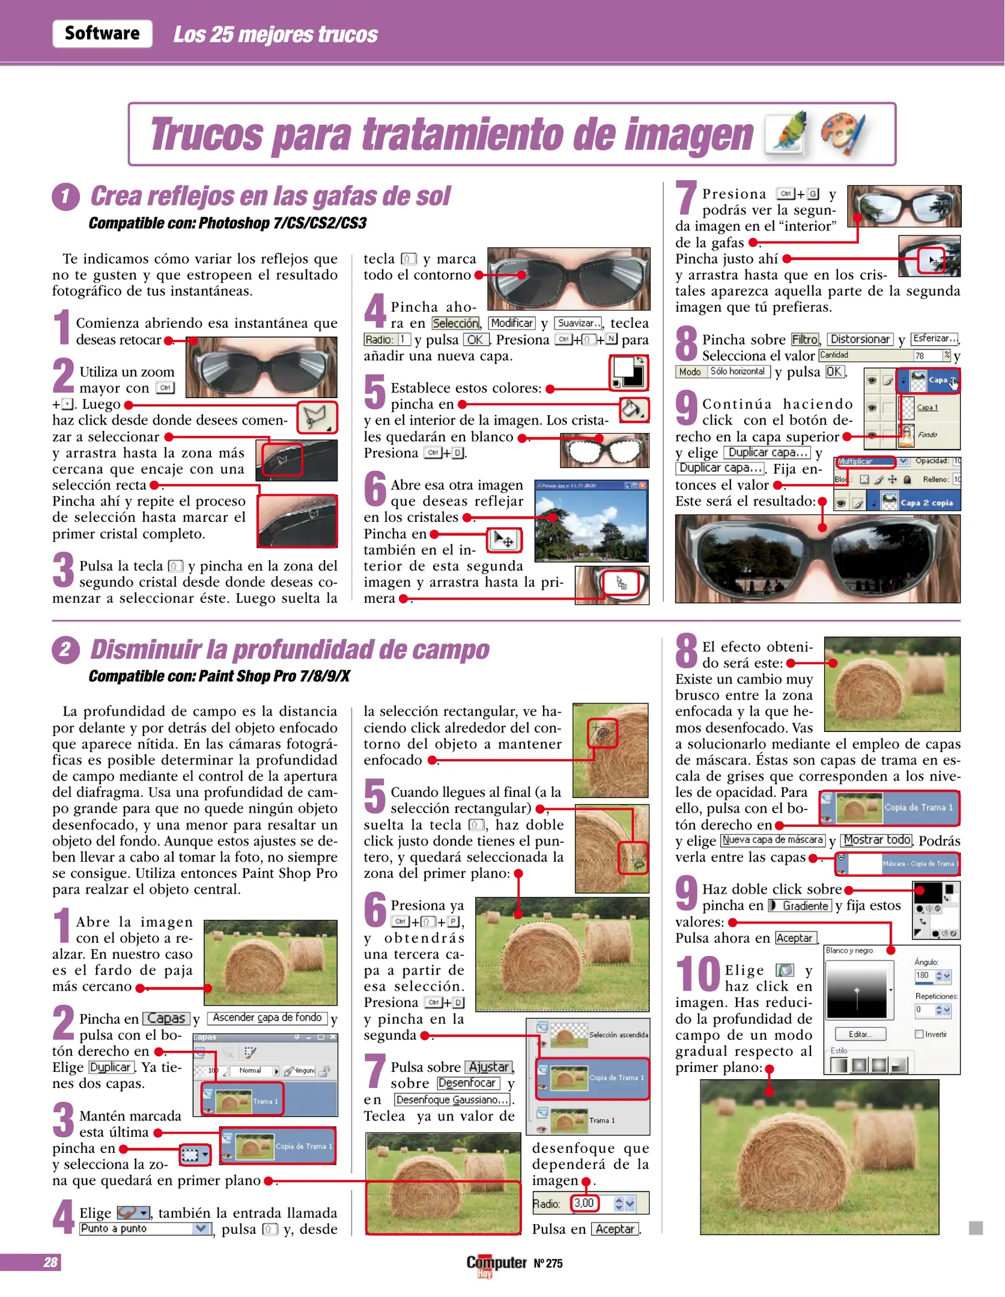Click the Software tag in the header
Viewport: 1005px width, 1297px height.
pyautogui.click(x=102, y=34)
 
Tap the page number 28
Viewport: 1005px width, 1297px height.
pyautogui.click(x=50, y=1262)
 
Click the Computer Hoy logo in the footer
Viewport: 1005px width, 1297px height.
pyautogui.click(x=496, y=1264)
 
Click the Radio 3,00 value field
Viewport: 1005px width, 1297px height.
pyautogui.click(x=584, y=1203)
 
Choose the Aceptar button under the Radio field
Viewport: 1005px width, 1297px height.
pyautogui.click(x=615, y=1229)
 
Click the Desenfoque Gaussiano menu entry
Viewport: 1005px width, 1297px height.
pyautogui.click(x=452, y=1099)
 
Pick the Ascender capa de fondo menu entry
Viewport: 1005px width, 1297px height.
pyautogui.click(x=267, y=1018)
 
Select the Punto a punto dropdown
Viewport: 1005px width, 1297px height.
pyautogui.click(x=145, y=1229)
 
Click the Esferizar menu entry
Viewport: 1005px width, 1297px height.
pyautogui.click(x=935, y=339)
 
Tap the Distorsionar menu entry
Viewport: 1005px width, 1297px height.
pyautogui.click(x=860, y=339)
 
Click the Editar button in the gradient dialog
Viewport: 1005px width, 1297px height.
pyautogui.click(x=861, y=1034)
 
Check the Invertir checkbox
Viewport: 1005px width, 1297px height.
pyautogui.click(x=919, y=1034)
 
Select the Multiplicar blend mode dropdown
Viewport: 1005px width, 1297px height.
pyautogui.click(x=866, y=461)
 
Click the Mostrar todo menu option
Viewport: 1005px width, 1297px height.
pyautogui.click(x=877, y=840)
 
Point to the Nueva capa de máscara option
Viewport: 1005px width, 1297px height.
pyautogui.click(x=773, y=840)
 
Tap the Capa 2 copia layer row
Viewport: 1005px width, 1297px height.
pyautogui.click(x=926, y=503)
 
